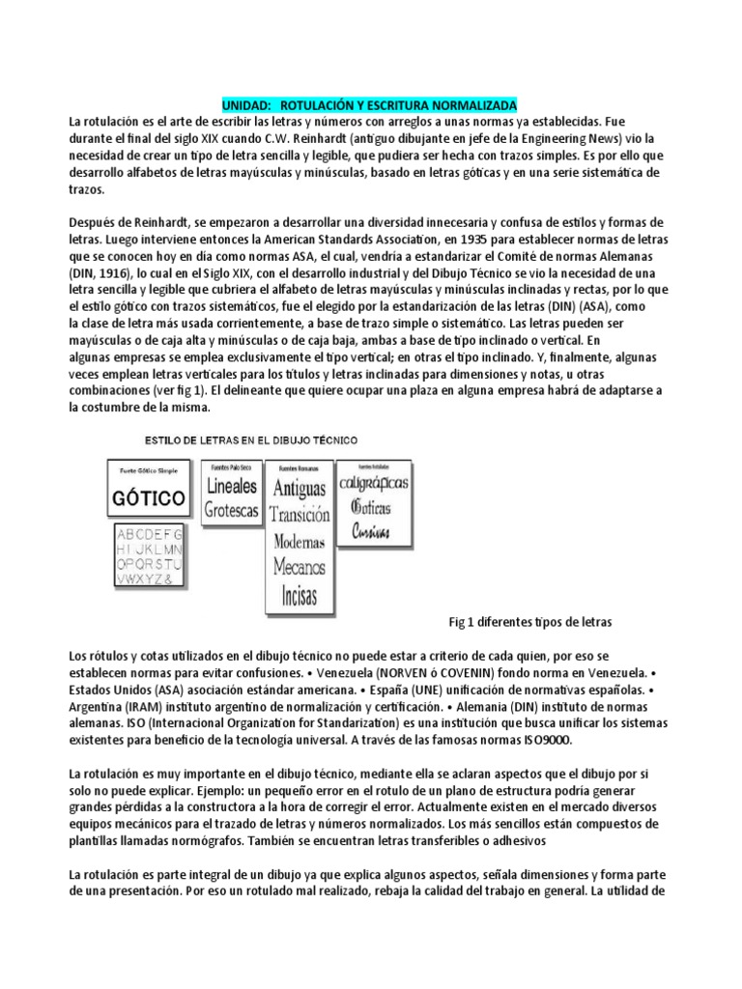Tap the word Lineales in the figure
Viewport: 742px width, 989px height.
pos(232,487)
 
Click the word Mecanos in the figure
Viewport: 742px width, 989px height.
pos(299,565)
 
